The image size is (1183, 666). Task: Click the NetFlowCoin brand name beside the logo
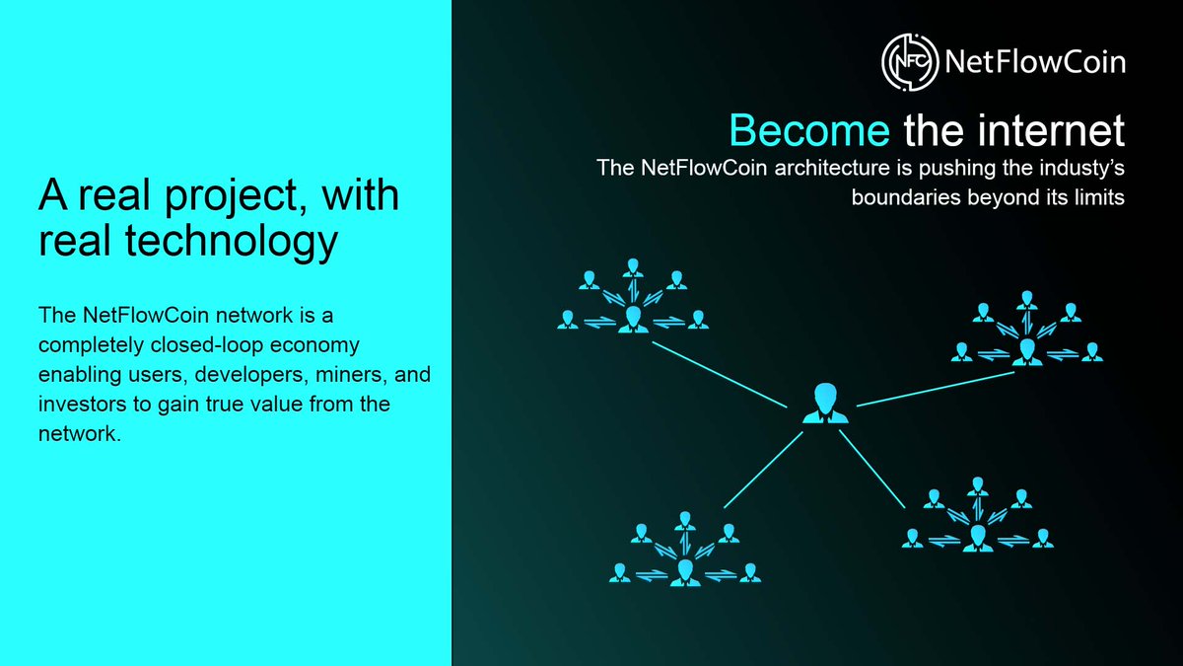(x=1034, y=62)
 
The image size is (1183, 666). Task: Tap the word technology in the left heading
(x=236, y=241)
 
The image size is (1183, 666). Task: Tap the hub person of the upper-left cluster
(x=632, y=319)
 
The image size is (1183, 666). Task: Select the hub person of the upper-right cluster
(x=1027, y=349)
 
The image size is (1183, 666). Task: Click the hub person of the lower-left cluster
(x=684, y=570)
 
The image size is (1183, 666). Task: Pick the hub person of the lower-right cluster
(x=977, y=536)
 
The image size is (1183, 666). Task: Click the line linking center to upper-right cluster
(x=937, y=389)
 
